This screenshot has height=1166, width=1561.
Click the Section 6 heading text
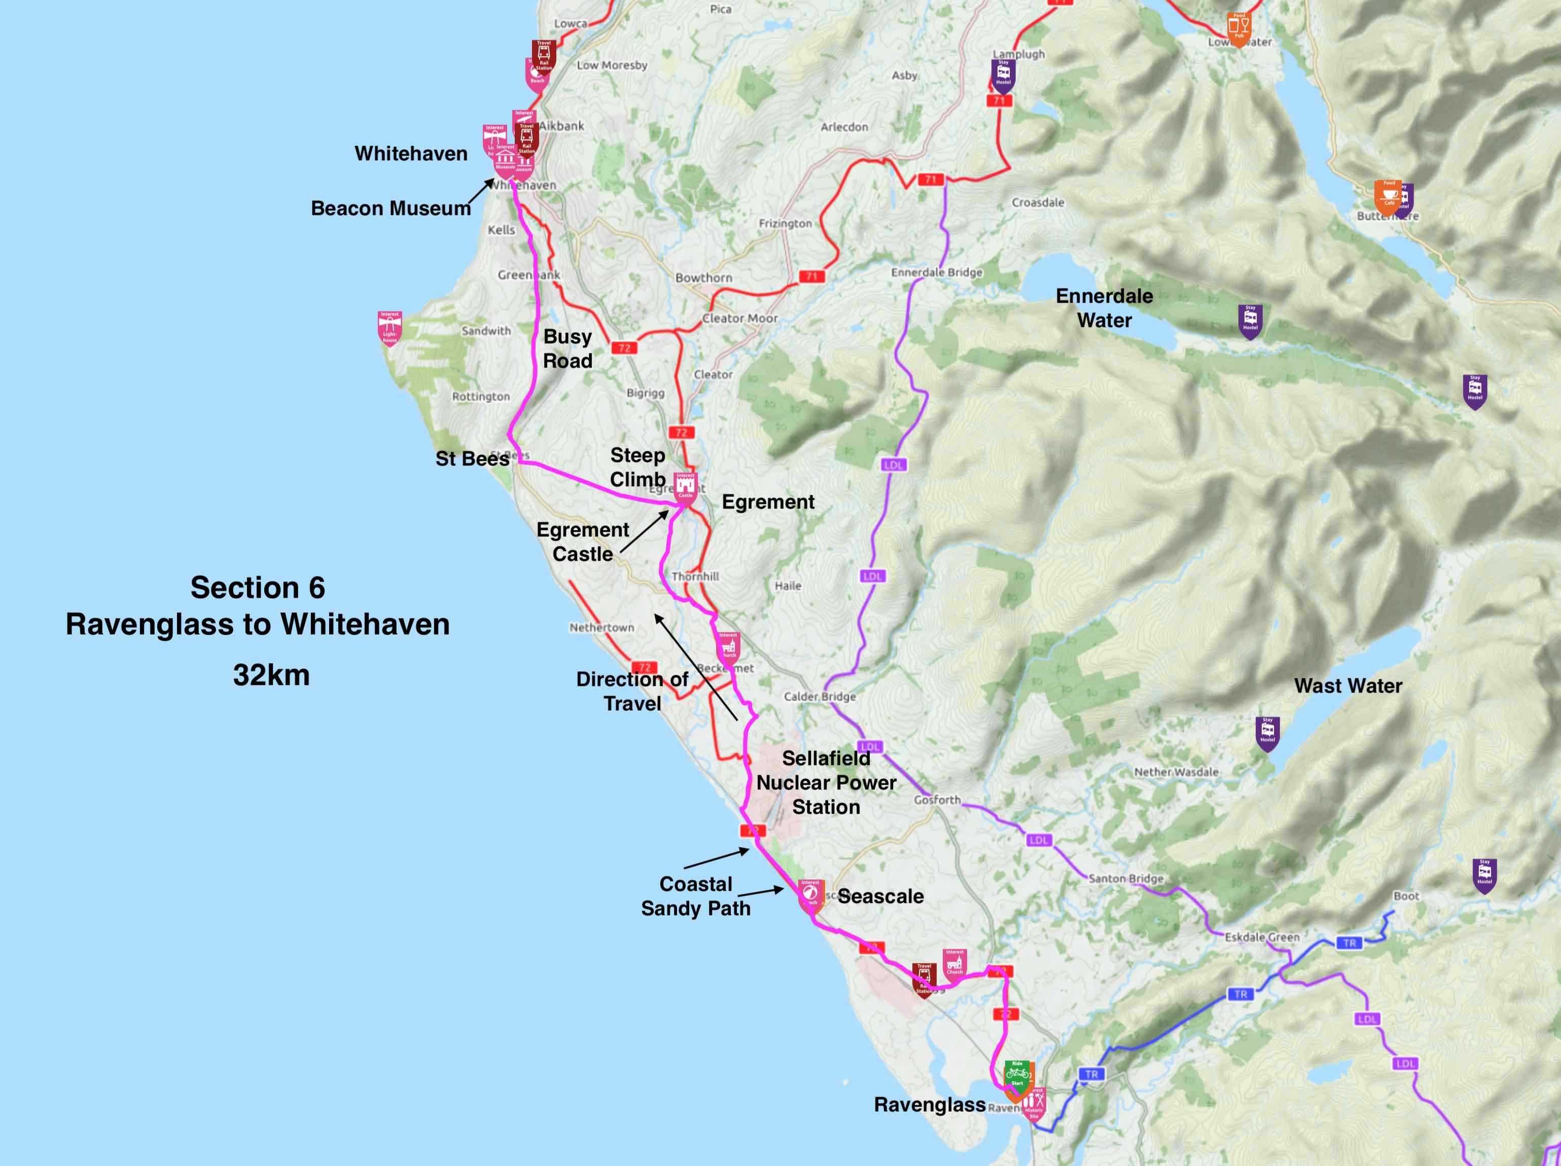tap(258, 588)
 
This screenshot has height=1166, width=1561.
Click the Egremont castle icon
tap(685, 487)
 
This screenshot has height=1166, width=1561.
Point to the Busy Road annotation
tap(567, 348)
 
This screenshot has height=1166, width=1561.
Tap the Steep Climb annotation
tap(637, 467)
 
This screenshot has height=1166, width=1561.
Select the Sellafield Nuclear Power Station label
tap(826, 782)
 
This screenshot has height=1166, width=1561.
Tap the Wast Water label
tap(1348, 685)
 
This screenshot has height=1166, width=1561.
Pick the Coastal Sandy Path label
tap(695, 896)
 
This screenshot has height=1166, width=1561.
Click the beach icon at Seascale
tap(810, 894)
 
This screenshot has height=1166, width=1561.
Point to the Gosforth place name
tap(937, 800)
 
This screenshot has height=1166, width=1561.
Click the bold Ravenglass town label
tap(930, 1105)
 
